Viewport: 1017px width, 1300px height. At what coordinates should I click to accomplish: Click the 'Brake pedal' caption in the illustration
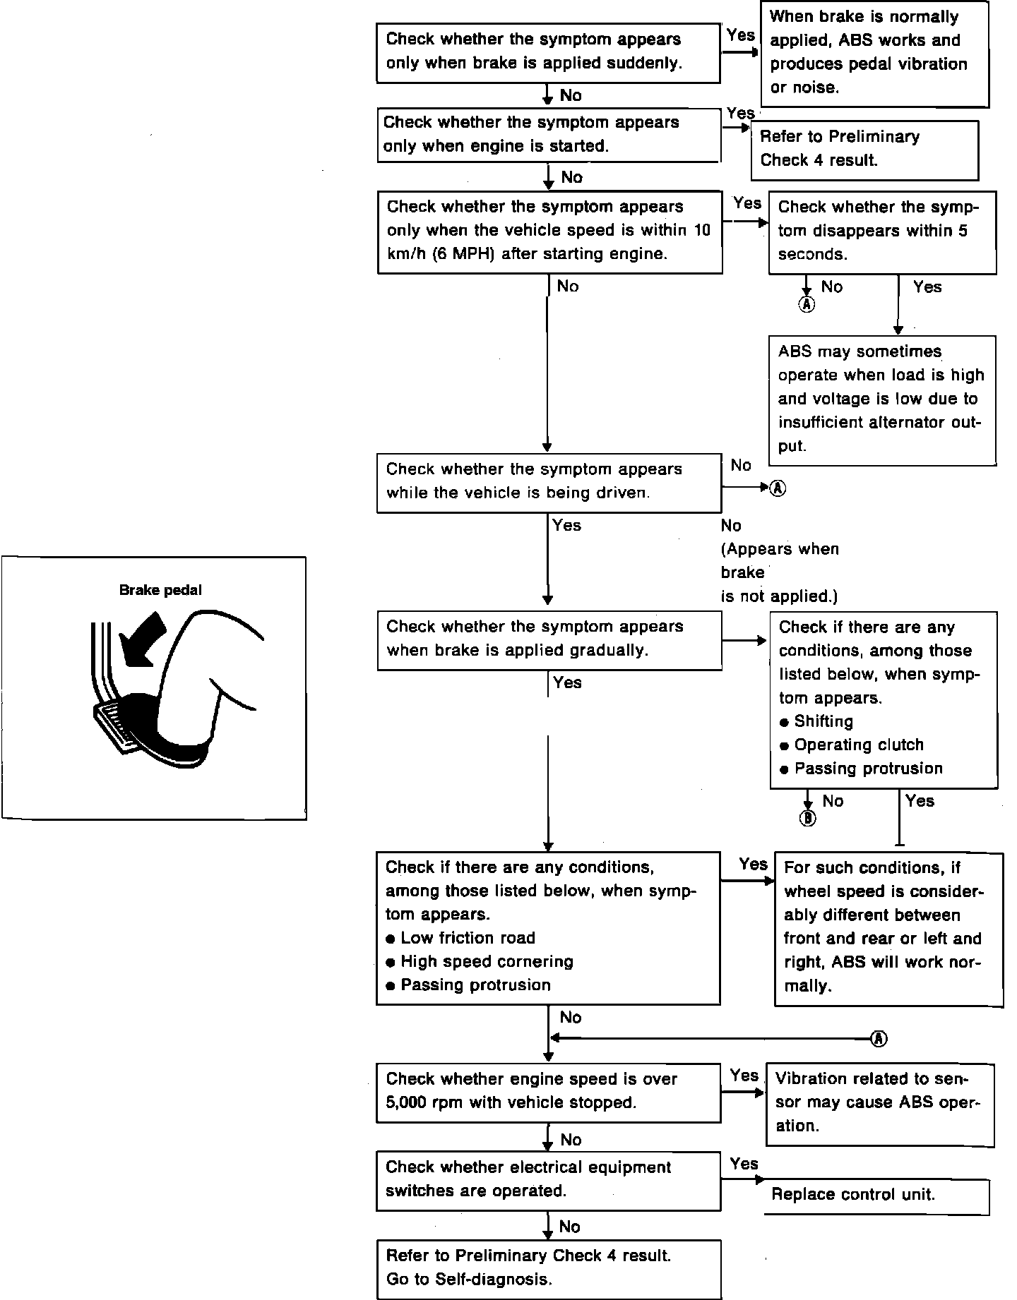pyautogui.click(x=160, y=591)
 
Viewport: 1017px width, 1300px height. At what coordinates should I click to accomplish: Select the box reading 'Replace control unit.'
pyautogui.click(x=876, y=1195)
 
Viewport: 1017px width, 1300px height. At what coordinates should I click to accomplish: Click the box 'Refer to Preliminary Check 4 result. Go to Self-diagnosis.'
pyautogui.click(x=549, y=1268)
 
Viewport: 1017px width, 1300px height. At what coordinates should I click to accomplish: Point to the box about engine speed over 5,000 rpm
pyautogui.click(x=549, y=1092)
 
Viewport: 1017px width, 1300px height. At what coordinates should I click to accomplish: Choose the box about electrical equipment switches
pyautogui.click(x=549, y=1180)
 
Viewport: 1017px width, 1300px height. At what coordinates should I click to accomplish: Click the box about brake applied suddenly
pyautogui.click(x=549, y=52)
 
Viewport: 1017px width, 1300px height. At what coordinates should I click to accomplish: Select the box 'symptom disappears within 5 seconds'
pyautogui.click(x=882, y=231)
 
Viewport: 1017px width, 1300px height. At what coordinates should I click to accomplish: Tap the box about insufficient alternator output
pyautogui.click(x=882, y=399)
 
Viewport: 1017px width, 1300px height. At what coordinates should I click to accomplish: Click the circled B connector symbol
pyautogui.click(x=808, y=818)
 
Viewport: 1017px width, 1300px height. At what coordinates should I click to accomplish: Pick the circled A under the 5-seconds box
pyautogui.click(x=807, y=304)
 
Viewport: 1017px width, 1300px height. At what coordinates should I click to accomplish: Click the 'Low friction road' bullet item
pyautogui.click(x=468, y=938)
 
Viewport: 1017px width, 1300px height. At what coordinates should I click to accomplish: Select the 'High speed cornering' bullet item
pyautogui.click(x=487, y=961)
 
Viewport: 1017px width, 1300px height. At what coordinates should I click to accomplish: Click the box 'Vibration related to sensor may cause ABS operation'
pyautogui.click(x=880, y=1104)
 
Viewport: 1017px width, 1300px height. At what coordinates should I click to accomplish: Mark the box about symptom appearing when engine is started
pyautogui.click(x=549, y=135)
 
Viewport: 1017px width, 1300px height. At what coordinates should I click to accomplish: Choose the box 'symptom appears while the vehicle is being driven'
pyautogui.click(x=549, y=482)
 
